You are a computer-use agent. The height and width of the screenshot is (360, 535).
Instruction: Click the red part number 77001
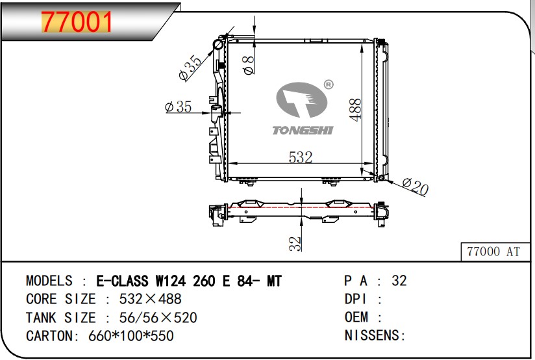pyautogui.click(x=77, y=22)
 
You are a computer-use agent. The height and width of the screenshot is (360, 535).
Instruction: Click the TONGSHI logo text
pyautogui.click(x=303, y=131)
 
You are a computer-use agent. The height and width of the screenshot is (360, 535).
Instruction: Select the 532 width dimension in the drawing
pyautogui.click(x=301, y=157)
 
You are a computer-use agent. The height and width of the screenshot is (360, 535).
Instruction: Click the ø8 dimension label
pyautogui.click(x=247, y=64)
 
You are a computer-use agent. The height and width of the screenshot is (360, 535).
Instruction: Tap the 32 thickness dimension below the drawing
pyautogui.click(x=295, y=243)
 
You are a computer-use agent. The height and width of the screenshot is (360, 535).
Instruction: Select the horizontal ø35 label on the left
pyautogui.click(x=178, y=107)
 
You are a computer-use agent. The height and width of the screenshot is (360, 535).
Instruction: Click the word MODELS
pyautogui.click(x=49, y=281)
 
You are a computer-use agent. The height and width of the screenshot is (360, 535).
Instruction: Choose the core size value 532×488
pyautogui.click(x=150, y=299)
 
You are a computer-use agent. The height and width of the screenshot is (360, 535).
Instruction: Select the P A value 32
pyautogui.click(x=399, y=281)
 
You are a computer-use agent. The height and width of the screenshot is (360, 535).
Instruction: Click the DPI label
pyautogui.click(x=356, y=299)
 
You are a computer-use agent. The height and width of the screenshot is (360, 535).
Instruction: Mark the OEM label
pyautogui.click(x=356, y=317)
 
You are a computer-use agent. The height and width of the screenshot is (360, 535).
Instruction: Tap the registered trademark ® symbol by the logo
pyautogui.click(x=328, y=84)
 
